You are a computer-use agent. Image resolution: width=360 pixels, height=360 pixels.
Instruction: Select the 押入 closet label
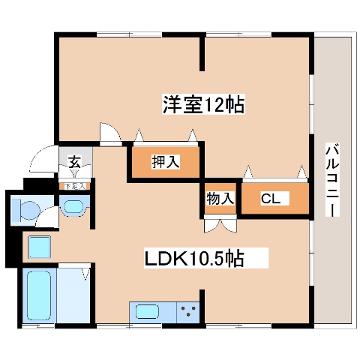166,160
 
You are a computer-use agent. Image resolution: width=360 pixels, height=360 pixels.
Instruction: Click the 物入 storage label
220,199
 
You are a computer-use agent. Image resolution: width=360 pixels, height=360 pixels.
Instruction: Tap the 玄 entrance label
75,160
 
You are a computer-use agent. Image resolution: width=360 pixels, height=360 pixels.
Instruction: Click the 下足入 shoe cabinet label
74,185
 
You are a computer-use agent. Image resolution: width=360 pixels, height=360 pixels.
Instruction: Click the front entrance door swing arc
37,161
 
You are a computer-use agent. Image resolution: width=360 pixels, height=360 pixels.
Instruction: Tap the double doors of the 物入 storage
220,223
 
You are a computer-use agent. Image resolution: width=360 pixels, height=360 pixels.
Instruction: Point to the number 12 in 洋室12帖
221,105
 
